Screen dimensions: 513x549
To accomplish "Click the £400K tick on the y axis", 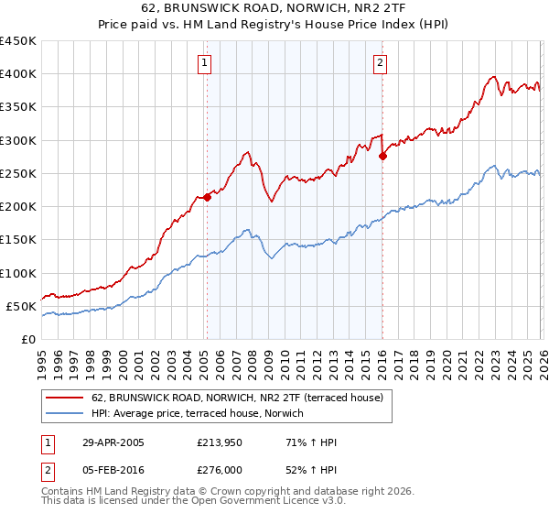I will [x=17, y=74].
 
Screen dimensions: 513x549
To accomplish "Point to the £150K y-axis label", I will [x=17, y=240].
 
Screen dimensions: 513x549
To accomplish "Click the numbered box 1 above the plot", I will [x=203, y=63].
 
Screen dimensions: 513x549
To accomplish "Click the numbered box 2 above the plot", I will [x=379, y=63].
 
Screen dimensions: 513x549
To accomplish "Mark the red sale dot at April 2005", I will [x=208, y=197].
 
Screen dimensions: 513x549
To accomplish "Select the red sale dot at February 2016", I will [x=382, y=156].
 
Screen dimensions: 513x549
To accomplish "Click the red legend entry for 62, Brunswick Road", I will [x=242, y=398].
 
